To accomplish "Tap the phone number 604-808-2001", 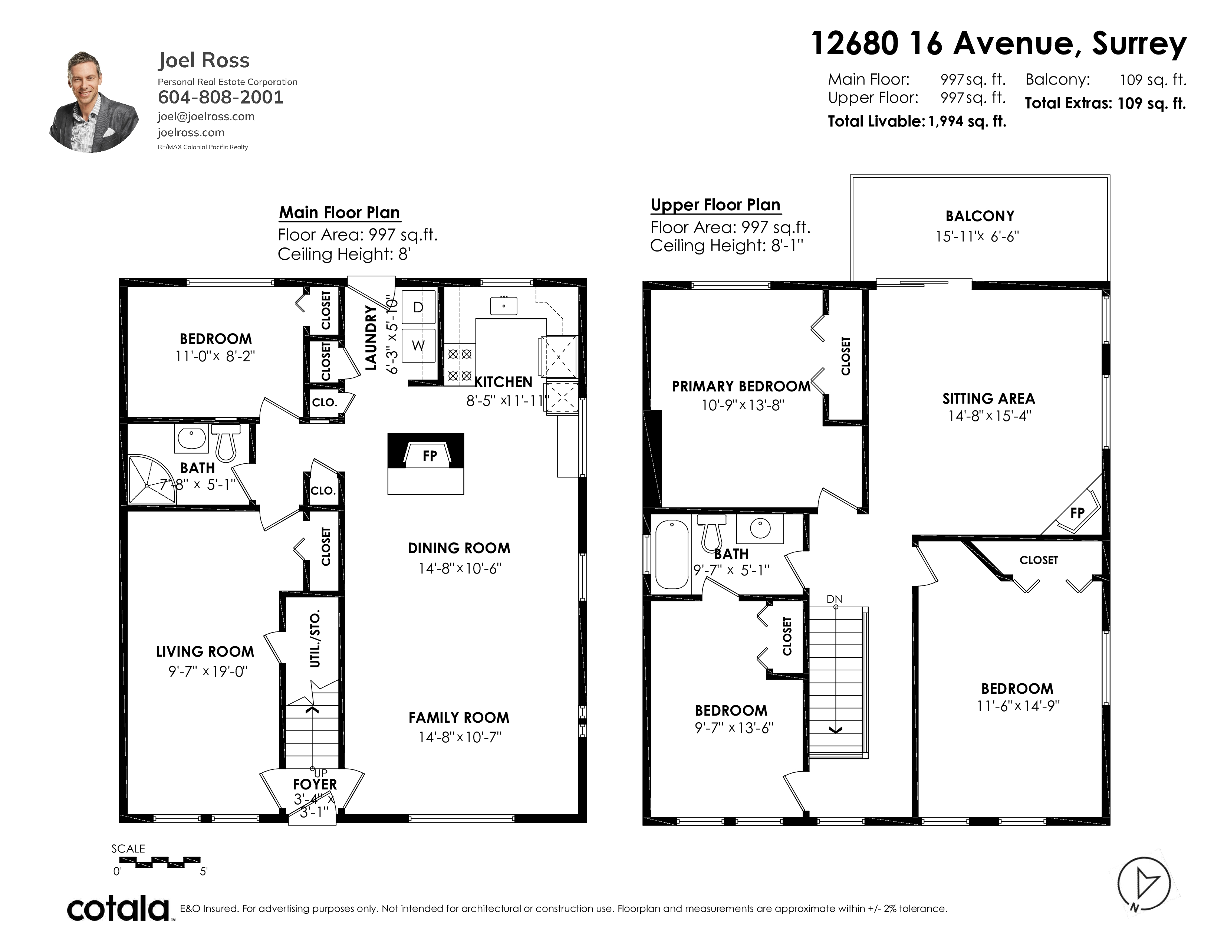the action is coord(221,98).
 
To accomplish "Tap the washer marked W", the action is coord(419,345).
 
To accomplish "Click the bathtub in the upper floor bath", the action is coord(672,554).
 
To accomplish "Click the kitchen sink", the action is coord(504,306).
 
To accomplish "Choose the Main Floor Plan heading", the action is coord(340,213).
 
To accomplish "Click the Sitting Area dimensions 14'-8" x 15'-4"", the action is coord(989,416).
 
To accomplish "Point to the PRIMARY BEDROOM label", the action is coord(741,386).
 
